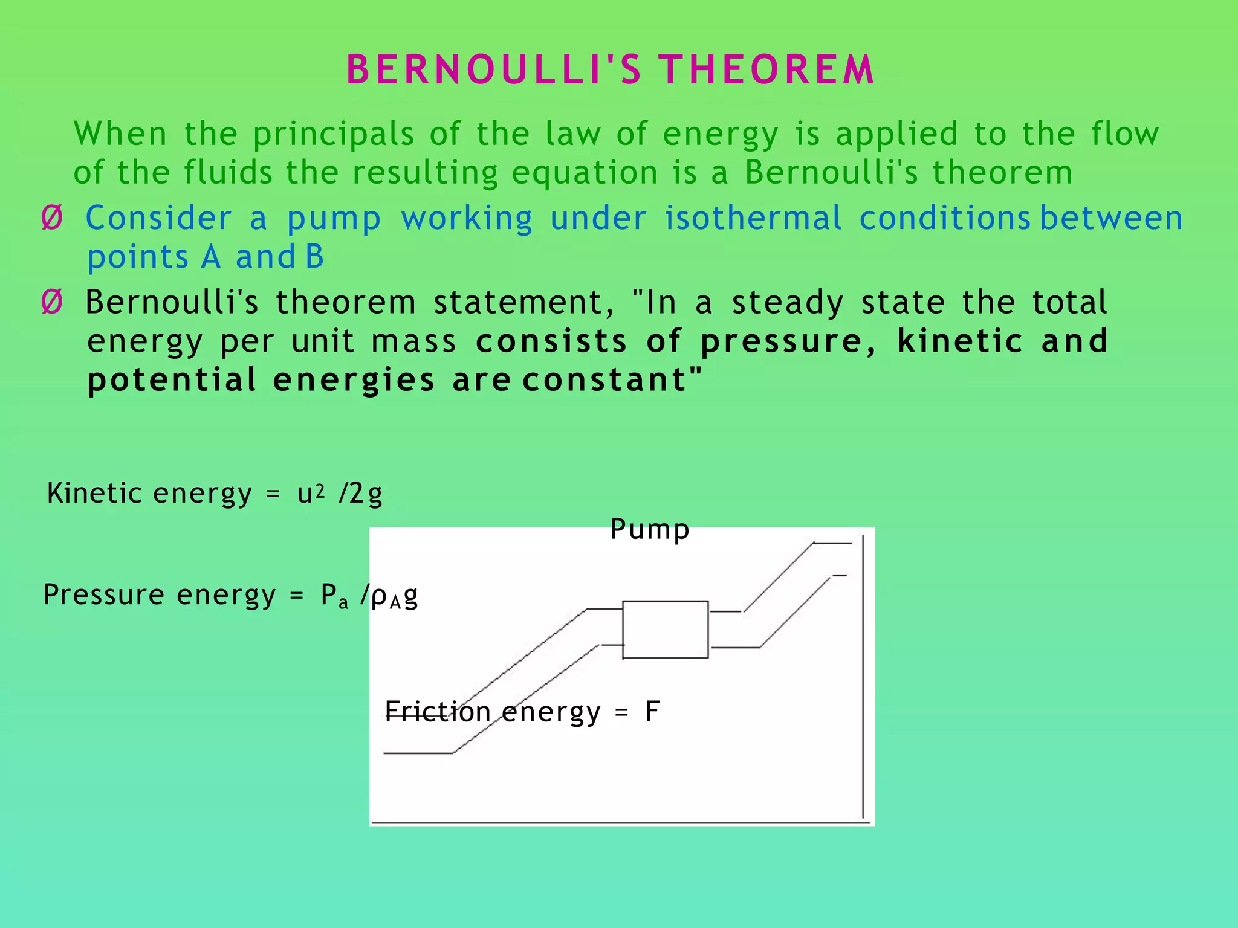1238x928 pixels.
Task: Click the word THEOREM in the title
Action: (766, 69)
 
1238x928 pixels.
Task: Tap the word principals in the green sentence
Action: (333, 135)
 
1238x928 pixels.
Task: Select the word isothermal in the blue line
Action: (753, 218)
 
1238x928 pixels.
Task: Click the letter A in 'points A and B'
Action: (211, 257)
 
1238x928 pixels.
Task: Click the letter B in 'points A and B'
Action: (314, 257)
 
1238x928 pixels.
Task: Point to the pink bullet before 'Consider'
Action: (52, 218)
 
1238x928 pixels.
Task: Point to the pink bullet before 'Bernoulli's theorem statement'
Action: (52, 302)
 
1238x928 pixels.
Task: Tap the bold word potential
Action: (172, 381)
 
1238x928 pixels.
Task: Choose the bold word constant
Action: (604, 381)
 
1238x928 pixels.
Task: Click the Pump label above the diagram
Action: (649, 530)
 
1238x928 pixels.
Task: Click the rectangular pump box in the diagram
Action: (665, 630)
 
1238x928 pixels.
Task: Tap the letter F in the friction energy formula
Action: (652, 712)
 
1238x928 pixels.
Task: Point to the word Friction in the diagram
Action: (438, 712)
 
